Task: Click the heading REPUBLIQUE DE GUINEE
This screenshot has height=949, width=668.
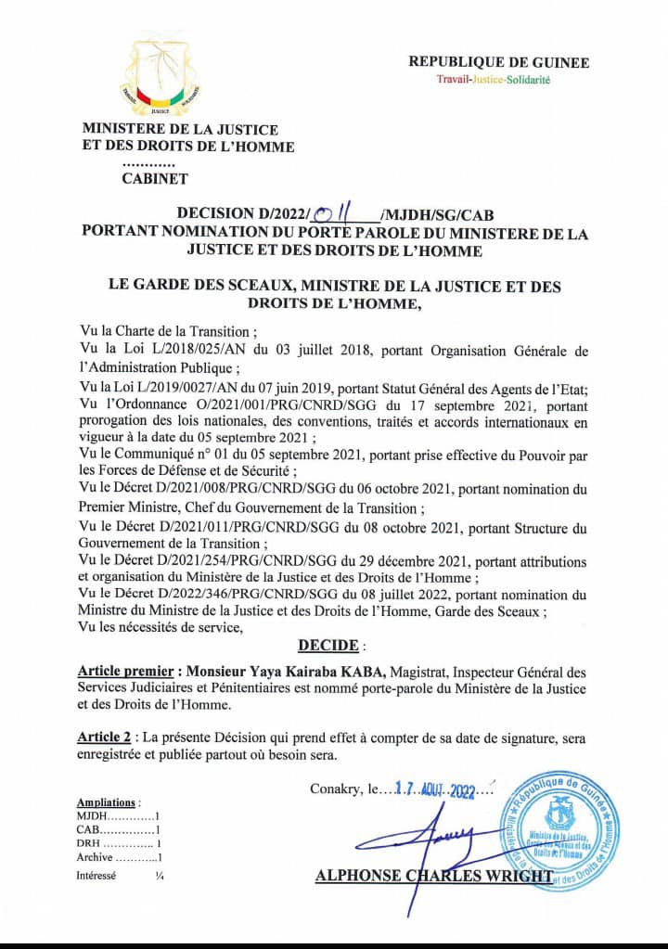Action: tap(499, 62)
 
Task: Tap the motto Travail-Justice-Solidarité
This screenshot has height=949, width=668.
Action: tap(494, 80)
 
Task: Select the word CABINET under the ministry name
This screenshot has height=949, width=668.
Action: tap(155, 179)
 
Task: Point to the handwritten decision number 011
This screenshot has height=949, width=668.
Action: tap(329, 216)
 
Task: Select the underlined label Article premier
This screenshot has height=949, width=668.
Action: tap(127, 671)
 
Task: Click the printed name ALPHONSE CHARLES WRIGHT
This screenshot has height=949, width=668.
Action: tap(433, 875)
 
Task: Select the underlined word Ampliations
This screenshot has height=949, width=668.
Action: tap(108, 802)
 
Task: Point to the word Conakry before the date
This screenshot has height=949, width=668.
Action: tap(337, 789)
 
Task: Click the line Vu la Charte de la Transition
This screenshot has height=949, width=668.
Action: tap(164, 331)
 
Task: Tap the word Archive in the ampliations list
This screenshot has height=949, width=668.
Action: tap(95, 857)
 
